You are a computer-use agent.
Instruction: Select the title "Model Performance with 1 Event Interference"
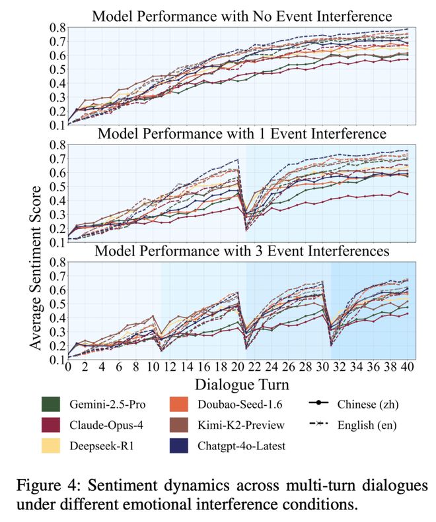click(241, 133)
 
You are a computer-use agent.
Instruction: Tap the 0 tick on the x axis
click(67, 368)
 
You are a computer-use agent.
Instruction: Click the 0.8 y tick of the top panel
click(55, 28)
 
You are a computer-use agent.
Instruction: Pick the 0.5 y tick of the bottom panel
click(55, 304)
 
